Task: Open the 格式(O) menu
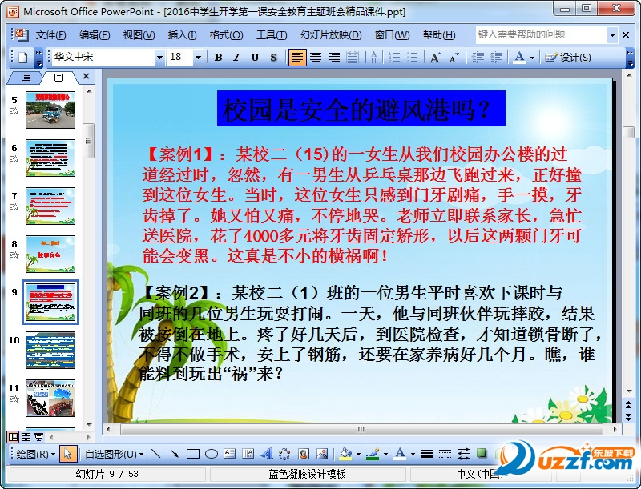226,35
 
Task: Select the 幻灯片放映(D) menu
330,35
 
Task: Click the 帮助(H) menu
438,35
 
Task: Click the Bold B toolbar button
218,58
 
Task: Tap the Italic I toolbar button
236,58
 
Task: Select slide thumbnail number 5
50,110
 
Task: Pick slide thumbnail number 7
50,206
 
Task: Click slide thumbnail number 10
50,350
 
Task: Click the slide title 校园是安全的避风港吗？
361,109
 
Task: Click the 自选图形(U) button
111,454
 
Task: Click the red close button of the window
624,9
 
